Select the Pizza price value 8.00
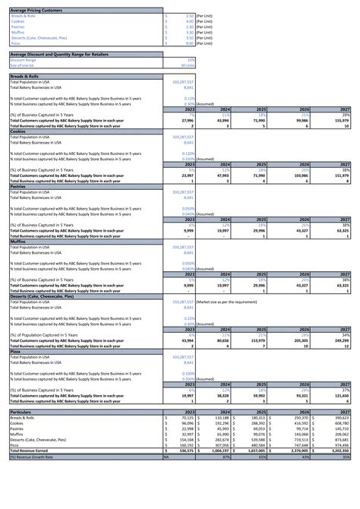pyautogui.click(x=189, y=43)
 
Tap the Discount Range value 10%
pyautogui.click(x=191, y=59)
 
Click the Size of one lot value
pyautogui.click(x=189, y=65)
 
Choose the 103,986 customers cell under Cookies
pyautogui.click(x=299, y=175)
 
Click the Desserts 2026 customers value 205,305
pyautogui.click(x=299, y=341)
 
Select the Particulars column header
pyautogui.click(x=21, y=411)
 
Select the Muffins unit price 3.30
pyautogui.click(x=189, y=32)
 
